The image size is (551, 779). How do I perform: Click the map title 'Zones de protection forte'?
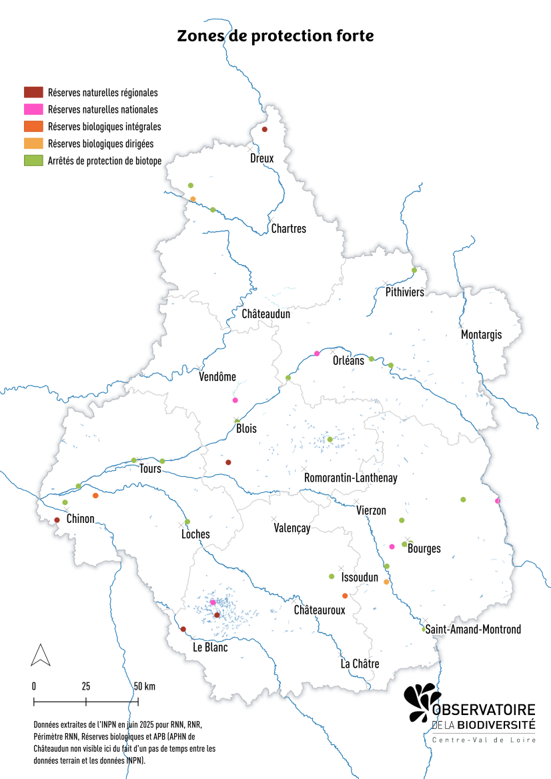(x=275, y=36)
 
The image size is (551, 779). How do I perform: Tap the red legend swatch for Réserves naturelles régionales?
(x=33, y=93)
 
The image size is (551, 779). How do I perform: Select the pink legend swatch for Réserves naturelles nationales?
(x=33, y=109)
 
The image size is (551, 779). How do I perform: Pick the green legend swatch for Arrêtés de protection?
(x=33, y=160)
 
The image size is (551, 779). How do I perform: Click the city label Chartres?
(x=288, y=229)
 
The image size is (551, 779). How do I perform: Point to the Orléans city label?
(x=348, y=361)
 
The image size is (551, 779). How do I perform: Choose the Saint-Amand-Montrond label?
(x=473, y=629)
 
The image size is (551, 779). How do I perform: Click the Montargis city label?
(x=481, y=335)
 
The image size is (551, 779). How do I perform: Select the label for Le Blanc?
(x=210, y=648)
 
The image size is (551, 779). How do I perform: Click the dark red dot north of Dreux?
(x=264, y=129)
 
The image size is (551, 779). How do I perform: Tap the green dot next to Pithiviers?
(x=414, y=270)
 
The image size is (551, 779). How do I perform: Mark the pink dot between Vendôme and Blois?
(x=235, y=400)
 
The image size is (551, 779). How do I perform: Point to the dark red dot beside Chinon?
(x=57, y=520)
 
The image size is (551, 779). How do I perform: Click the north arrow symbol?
(x=41, y=655)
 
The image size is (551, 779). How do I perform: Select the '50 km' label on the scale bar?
(x=144, y=686)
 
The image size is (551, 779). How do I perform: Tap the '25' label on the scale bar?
(x=86, y=686)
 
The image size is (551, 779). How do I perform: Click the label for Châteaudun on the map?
(x=265, y=313)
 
